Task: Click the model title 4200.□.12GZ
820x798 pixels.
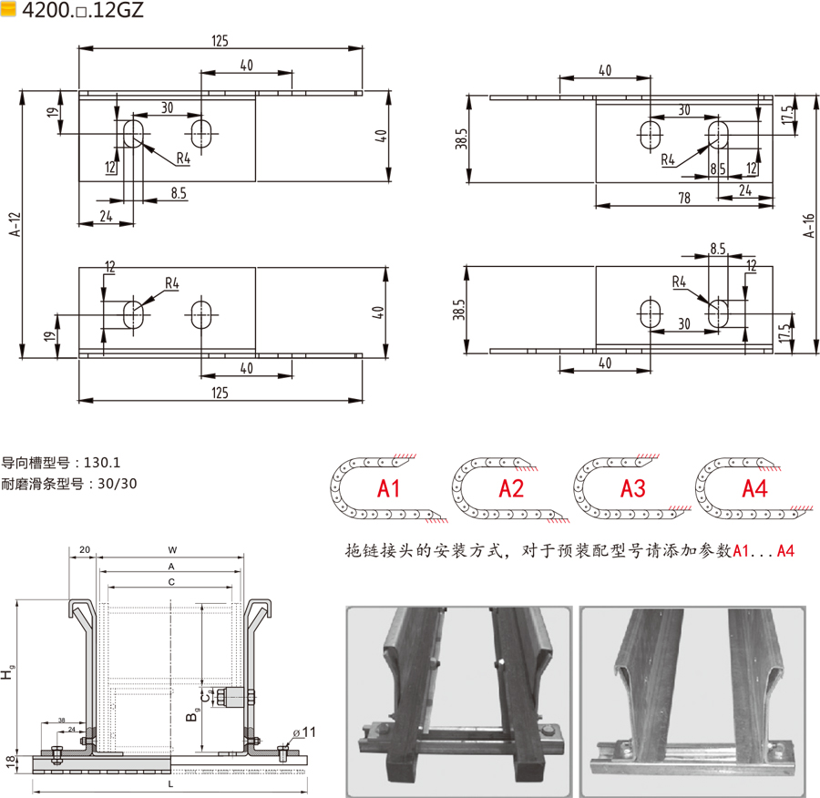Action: pyautogui.click(x=83, y=10)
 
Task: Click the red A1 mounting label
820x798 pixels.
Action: pyautogui.click(x=388, y=489)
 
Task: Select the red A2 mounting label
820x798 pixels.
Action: pyautogui.click(x=511, y=489)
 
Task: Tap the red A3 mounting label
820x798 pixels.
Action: pyautogui.click(x=633, y=489)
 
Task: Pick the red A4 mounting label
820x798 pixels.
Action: pyautogui.click(x=754, y=489)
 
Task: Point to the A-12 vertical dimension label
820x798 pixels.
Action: pyautogui.click(x=15, y=224)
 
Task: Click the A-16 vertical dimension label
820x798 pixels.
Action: pyautogui.click(x=808, y=225)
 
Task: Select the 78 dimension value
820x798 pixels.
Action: pyautogui.click(x=684, y=199)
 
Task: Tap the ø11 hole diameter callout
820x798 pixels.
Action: pyautogui.click(x=303, y=732)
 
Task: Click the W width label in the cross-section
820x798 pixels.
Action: pyautogui.click(x=172, y=550)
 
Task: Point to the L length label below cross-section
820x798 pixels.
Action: pyautogui.click(x=170, y=784)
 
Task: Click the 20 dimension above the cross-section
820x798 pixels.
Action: pyautogui.click(x=85, y=549)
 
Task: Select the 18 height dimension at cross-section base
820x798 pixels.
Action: pyautogui.click(x=11, y=762)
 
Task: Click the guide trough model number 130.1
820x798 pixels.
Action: pyautogui.click(x=102, y=462)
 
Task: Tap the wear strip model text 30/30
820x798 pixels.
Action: pyautogui.click(x=118, y=484)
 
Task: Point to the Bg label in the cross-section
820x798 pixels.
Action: pyautogui.click(x=192, y=714)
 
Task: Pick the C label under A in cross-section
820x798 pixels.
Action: pyautogui.click(x=171, y=582)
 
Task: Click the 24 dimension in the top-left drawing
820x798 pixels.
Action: pyautogui.click(x=106, y=216)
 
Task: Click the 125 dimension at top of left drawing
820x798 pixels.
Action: pyautogui.click(x=220, y=41)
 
